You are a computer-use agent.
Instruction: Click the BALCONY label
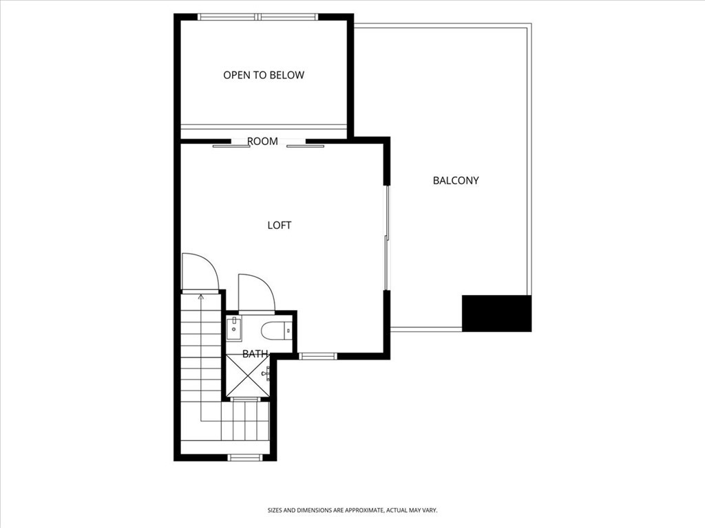coord(456,181)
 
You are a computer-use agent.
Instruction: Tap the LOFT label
coord(280,225)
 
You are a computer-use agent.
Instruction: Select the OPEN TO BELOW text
coord(264,75)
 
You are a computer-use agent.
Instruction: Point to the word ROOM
coord(262,142)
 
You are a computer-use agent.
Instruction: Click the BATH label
coord(255,354)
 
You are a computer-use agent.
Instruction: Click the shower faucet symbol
coord(266,374)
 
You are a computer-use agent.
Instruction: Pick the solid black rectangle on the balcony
coord(496,313)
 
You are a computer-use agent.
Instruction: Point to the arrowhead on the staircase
coord(201,298)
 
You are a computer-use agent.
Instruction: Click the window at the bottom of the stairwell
coord(245,456)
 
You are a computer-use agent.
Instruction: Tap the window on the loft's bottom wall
coord(318,356)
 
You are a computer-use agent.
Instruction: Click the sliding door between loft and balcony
coord(387,237)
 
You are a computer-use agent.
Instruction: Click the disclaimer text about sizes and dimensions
coord(352,510)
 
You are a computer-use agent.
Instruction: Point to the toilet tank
coord(290,331)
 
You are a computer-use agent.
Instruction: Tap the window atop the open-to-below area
coord(258,16)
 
